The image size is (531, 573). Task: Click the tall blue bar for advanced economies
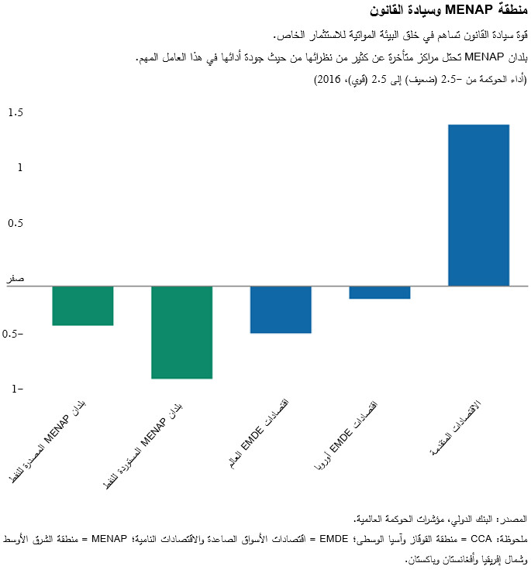click(479, 205)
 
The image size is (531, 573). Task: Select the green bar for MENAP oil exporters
click(83, 306)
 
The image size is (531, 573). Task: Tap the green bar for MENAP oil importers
click(181, 332)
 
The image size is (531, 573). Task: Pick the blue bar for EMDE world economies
click(281, 310)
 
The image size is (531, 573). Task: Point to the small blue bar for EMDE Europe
click(380, 293)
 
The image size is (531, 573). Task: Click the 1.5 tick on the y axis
click(16, 113)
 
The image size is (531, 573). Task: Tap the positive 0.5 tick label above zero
click(16, 224)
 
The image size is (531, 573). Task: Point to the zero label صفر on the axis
click(16, 279)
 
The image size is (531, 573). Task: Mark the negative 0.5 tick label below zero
click(14, 335)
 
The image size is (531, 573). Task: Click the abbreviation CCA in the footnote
click(481, 538)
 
